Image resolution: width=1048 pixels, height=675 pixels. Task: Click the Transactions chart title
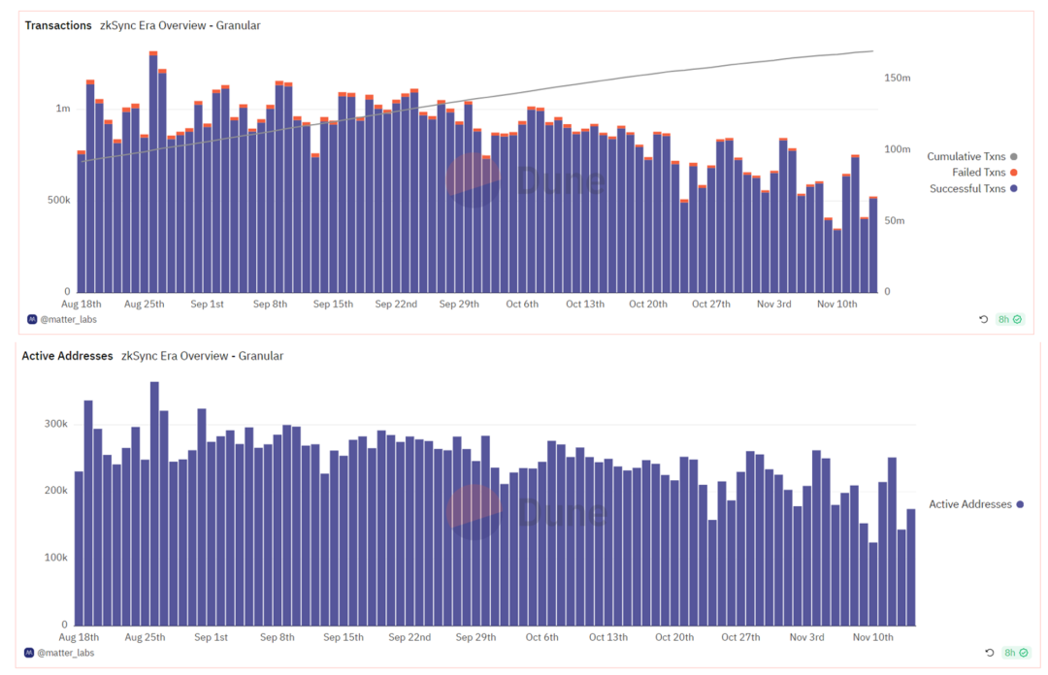[58, 25]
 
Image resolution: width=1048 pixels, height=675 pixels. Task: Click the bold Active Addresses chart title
[67, 356]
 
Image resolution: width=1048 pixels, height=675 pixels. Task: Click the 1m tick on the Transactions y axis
[63, 109]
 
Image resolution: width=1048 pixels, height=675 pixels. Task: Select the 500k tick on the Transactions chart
[59, 200]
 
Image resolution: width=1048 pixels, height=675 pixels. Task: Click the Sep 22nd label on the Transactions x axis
[396, 304]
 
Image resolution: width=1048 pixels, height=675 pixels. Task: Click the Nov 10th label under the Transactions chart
[836, 304]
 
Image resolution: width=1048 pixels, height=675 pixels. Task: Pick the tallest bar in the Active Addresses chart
[154, 504]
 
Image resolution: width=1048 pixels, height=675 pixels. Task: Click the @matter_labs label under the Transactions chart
[68, 319]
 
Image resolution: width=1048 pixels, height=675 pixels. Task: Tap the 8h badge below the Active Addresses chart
[1010, 653]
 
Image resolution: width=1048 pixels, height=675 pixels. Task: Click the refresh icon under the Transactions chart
[983, 319]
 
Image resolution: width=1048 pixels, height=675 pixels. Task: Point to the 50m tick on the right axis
[895, 220]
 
